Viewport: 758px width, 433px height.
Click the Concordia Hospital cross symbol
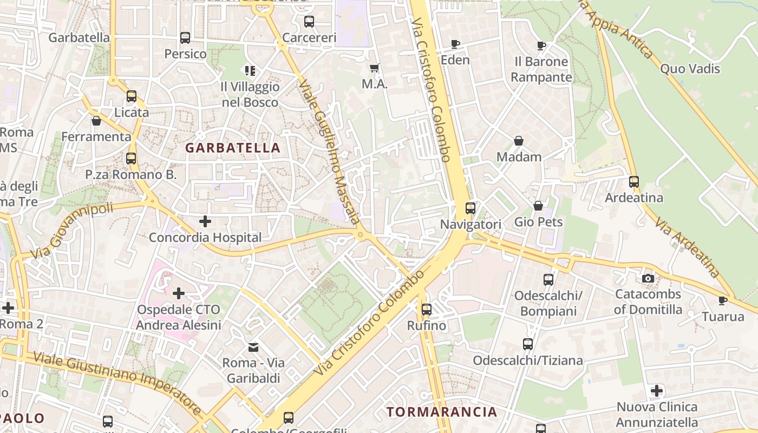click(205, 221)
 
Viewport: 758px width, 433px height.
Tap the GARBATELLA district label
click(233, 148)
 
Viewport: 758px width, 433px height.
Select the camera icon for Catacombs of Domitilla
click(648, 278)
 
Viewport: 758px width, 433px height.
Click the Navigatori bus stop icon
click(470, 208)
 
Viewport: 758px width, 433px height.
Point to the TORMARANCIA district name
click(442, 412)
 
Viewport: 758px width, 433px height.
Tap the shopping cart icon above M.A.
click(374, 68)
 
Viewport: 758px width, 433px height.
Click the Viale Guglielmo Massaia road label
click(329, 152)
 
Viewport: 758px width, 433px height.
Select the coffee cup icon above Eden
click(455, 44)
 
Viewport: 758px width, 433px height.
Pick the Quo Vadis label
click(690, 69)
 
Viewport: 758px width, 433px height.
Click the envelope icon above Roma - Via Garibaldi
click(253, 347)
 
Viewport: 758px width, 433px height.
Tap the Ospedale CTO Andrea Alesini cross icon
click(178, 293)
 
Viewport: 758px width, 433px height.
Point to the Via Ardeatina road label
click(687, 247)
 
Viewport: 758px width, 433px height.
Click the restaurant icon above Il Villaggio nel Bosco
click(250, 70)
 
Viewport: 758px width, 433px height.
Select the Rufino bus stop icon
click(427, 310)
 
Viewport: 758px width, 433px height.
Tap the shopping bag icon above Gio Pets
click(538, 206)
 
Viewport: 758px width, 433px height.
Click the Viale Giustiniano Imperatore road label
click(117, 384)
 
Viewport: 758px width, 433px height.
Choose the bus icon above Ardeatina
click(633, 182)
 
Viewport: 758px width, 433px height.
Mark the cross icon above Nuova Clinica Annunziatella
click(657, 390)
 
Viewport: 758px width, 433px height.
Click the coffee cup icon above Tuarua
click(722, 300)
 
